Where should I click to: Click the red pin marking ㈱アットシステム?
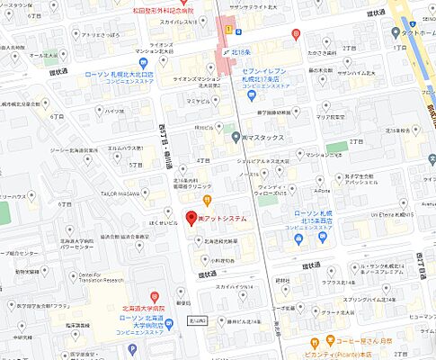pos(190,217)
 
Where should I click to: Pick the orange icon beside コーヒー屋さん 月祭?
pos(315,342)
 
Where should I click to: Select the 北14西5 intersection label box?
pos(198,319)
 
